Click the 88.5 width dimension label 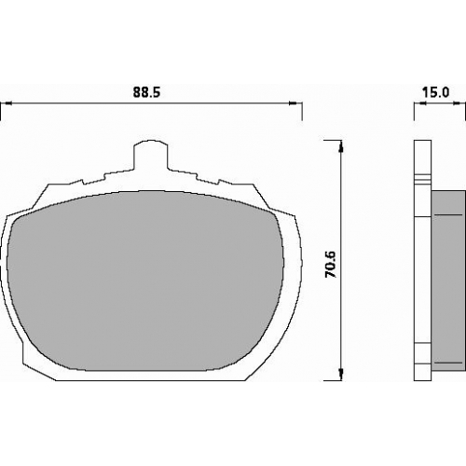click(x=146, y=92)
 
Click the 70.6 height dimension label click(x=330, y=264)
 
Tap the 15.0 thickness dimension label click(x=435, y=92)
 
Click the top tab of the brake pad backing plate click(x=151, y=155)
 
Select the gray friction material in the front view click(x=145, y=281)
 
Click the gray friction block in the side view click(x=448, y=281)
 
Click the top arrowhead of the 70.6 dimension click(x=341, y=146)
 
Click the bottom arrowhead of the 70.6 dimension click(x=341, y=375)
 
